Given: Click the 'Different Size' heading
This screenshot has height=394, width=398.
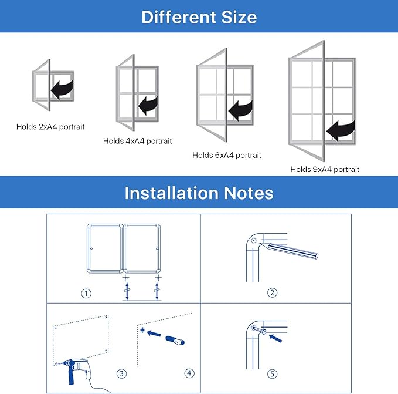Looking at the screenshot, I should coord(199,16).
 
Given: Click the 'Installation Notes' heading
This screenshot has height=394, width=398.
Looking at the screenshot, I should coord(199,193).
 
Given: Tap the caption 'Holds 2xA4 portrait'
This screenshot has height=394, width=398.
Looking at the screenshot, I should coord(50,126).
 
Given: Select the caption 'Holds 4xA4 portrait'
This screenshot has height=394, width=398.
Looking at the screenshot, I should coord(138,141).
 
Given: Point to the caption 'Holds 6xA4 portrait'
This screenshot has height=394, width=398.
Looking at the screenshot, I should coord(227,156).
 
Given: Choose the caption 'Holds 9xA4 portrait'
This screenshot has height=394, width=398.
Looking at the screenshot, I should coord(325,169).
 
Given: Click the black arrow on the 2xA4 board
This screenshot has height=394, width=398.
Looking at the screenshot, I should coord(62,89).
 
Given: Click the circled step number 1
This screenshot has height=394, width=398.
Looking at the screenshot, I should coord(86,294).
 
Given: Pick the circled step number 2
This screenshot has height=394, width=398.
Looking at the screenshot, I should coord(272,293).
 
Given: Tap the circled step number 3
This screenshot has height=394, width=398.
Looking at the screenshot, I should coord(121,373).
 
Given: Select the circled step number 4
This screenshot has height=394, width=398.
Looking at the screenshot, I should coord(189,373).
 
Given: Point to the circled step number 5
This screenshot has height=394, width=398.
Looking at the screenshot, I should coord(272,373).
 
